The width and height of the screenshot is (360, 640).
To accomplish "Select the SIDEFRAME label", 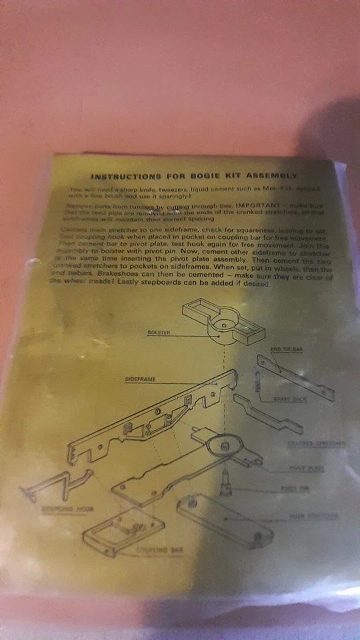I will [x=141, y=379].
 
